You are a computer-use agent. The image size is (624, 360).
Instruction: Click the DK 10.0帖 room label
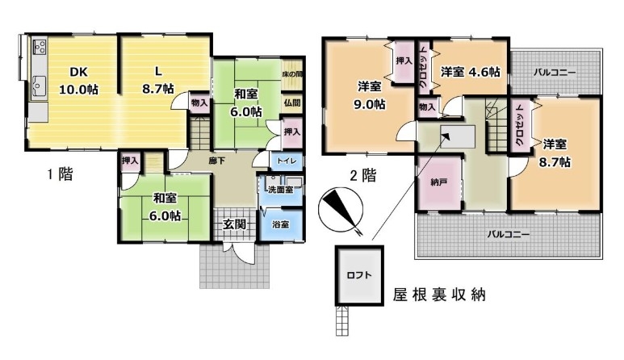tap(79, 81)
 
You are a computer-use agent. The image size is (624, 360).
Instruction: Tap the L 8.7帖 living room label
tap(158, 80)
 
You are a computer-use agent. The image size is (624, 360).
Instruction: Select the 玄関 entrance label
tap(233, 224)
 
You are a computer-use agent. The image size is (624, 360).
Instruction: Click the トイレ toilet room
tap(287, 161)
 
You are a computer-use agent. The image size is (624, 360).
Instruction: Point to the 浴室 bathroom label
tap(281, 224)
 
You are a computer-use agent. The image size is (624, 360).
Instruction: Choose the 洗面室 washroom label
tap(281, 190)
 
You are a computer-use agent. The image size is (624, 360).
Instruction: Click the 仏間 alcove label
tap(292, 103)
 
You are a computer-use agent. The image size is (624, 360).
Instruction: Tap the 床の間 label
tap(292, 74)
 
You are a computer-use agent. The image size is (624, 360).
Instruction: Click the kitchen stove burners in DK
tap(40, 48)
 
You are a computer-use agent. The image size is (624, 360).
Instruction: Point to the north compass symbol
tap(341, 210)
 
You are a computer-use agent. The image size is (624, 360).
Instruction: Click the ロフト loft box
tap(359, 275)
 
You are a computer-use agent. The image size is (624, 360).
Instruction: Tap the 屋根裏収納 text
tap(439, 295)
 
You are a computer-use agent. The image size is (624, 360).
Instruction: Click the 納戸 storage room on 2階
tap(439, 182)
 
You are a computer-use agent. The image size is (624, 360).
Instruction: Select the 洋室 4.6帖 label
tap(470, 72)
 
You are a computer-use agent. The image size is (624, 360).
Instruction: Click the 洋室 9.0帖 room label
tap(369, 95)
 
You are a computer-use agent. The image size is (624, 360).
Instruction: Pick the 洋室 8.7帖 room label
tap(555, 153)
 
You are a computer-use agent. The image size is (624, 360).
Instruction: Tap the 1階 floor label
tap(60, 174)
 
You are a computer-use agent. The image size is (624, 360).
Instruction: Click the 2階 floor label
tap(362, 175)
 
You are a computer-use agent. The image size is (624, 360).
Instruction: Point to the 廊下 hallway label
tap(217, 161)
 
